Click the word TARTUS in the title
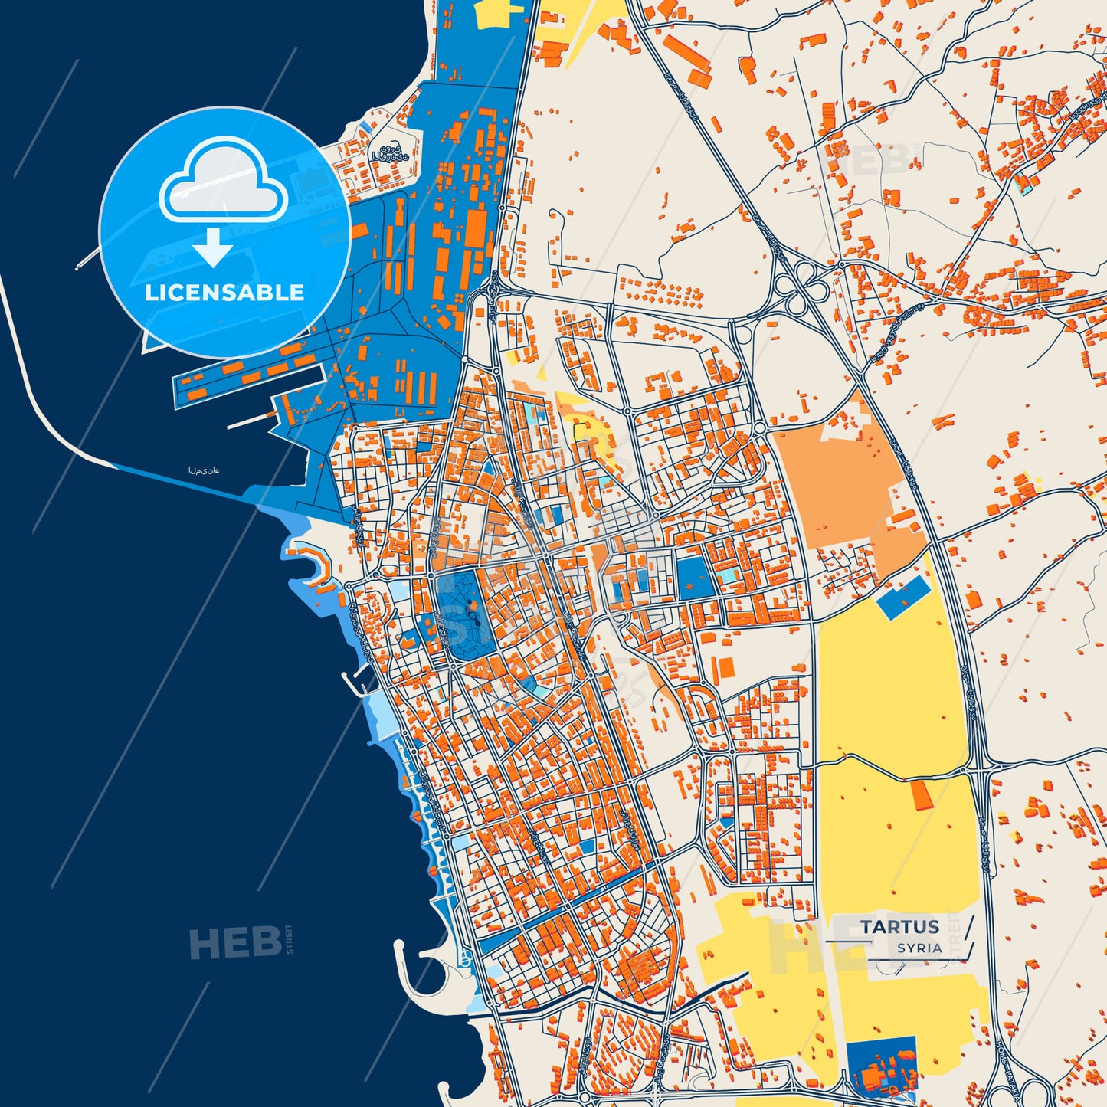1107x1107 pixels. coord(899,926)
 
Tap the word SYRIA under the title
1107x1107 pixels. coord(919,948)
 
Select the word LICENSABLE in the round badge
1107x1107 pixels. coord(224,293)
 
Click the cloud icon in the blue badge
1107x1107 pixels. coord(223,180)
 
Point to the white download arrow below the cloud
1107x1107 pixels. coord(212,247)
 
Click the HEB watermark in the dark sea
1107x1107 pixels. coord(235,942)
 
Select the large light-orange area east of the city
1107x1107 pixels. coord(835,483)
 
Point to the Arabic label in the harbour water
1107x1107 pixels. coord(204,470)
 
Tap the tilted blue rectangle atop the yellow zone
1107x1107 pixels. coord(903,597)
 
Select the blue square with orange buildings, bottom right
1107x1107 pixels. coord(881,1066)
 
